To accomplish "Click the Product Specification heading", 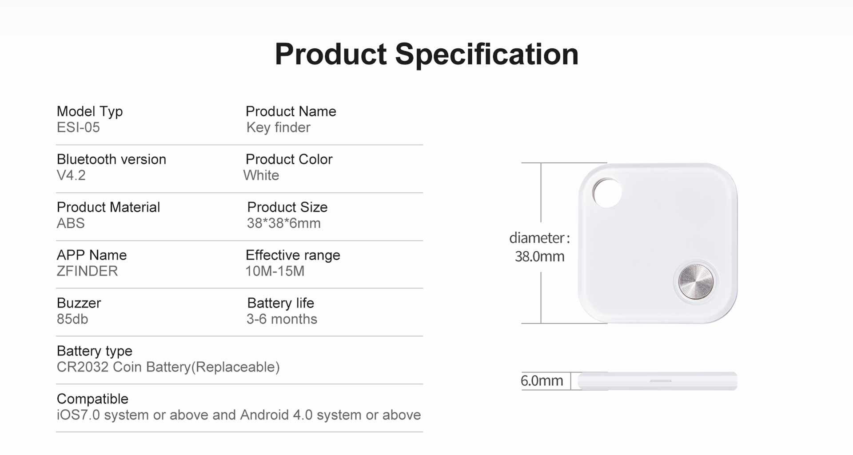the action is pyautogui.click(x=426, y=55).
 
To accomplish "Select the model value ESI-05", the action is pyautogui.click(x=78, y=127).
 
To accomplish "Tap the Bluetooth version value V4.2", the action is pyautogui.click(x=71, y=175).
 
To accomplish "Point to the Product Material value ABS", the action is pyautogui.click(x=71, y=223).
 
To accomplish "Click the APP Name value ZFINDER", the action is pyautogui.click(x=87, y=271).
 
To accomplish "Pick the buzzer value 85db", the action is pyautogui.click(x=72, y=319).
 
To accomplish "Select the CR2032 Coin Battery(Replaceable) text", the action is pyautogui.click(x=168, y=368).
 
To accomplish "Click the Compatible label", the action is pyautogui.click(x=92, y=399).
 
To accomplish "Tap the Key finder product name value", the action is pyautogui.click(x=279, y=128).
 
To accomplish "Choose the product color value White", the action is pyautogui.click(x=261, y=175).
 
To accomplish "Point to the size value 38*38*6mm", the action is pyautogui.click(x=284, y=223).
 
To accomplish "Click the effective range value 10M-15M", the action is pyautogui.click(x=275, y=271).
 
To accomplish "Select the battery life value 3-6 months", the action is pyautogui.click(x=282, y=319).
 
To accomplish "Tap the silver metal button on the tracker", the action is pyautogui.click(x=696, y=281).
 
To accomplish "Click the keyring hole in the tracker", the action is pyautogui.click(x=607, y=193).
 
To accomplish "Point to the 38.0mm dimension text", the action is pyautogui.click(x=539, y=257).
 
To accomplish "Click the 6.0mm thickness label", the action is pyautogui.click(x=542, y=381).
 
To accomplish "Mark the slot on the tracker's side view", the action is pyautogui.click(x=661, y=381).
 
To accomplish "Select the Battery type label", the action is pyautogui.click(x=95, y=351).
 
